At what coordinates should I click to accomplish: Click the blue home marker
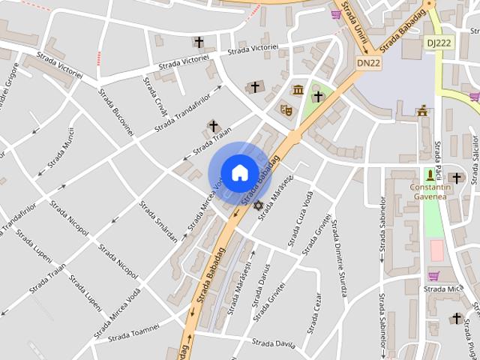[x=239, y=172]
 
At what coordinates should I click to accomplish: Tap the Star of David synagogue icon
[x=258, y=205]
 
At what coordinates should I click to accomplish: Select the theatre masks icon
[x=286, y=109]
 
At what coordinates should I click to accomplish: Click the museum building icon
[x=298, y=91]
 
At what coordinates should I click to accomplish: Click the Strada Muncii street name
[x=61, y=151]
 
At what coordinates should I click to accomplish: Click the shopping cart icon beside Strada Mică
[x=433, y=275]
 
